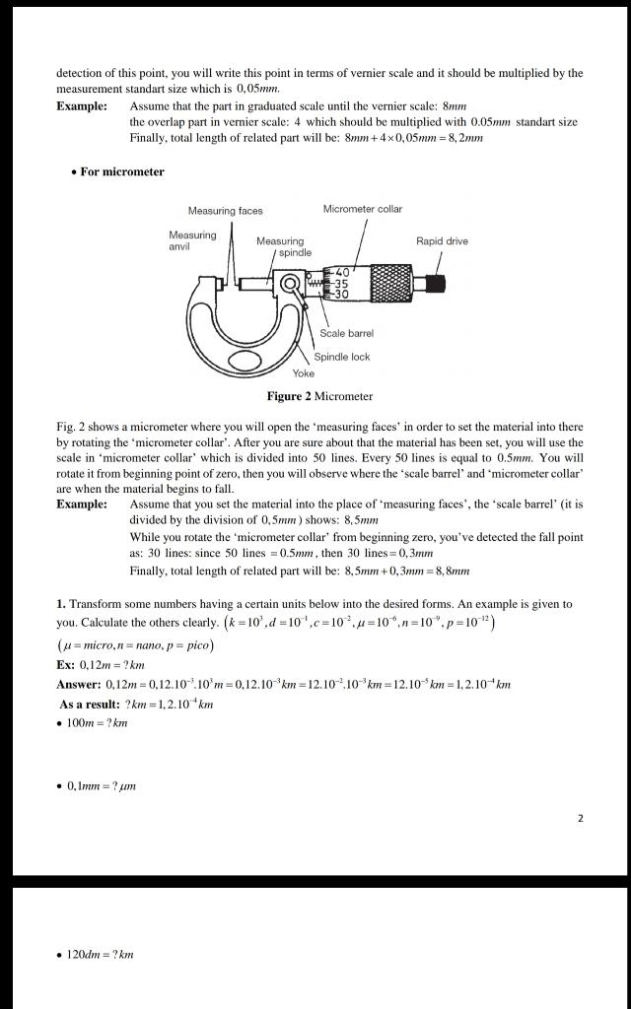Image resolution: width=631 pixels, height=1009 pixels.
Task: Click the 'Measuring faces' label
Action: point(225,210)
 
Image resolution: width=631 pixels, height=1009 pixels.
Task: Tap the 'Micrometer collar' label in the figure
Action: point(362,209)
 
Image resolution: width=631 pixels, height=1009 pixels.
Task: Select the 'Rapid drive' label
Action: point(442,240)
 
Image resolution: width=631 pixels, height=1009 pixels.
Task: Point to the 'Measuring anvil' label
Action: point(192,240)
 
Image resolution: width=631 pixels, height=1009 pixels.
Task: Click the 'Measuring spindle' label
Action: point(282,246)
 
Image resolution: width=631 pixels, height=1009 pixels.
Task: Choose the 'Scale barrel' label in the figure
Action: point(346,333)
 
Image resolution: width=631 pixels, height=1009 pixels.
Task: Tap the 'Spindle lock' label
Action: point(341,357)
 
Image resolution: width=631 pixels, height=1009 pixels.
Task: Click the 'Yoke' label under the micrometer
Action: point(303,372)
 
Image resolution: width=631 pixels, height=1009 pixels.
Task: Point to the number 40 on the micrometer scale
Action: point(342,272)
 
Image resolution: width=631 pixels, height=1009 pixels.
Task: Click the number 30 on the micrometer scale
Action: point(342,295)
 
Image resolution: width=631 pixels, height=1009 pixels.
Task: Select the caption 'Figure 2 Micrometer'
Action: point(319,396)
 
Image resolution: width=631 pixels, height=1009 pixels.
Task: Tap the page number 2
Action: point(581,818)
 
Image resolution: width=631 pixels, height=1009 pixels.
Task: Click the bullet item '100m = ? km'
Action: point(97,723)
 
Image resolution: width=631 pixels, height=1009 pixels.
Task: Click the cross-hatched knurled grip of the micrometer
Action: point(393,284)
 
